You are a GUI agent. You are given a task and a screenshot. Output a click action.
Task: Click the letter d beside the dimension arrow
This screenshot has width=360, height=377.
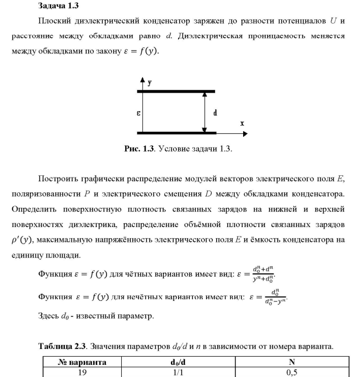click(214, 113)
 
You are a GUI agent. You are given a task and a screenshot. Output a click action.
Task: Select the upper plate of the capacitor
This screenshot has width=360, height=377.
click(176, 91)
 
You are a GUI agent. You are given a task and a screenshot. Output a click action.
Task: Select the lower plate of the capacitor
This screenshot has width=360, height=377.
click(176, 133)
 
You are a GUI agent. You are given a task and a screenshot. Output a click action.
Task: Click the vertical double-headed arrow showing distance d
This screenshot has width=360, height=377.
click(205, 112)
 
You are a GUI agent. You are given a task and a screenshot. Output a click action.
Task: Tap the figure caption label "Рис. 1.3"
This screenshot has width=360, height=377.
click(140, 149)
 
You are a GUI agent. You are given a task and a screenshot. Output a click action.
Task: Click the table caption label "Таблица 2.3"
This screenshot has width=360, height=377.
click(63, 346)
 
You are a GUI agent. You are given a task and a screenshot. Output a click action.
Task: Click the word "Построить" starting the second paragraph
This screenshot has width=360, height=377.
click(57, 179)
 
